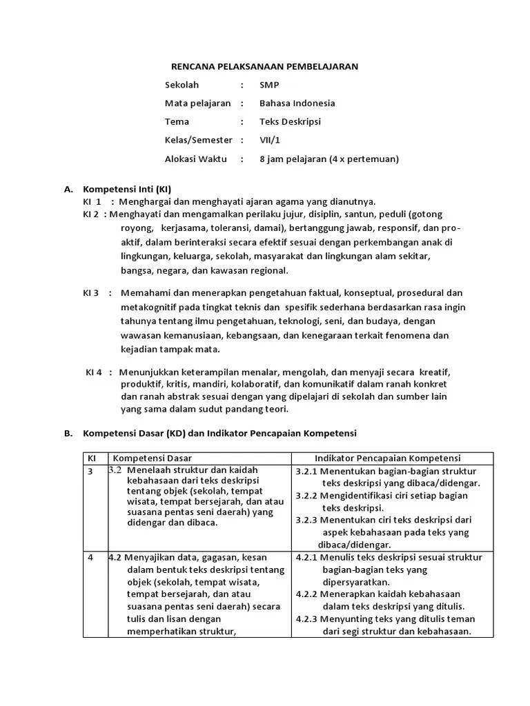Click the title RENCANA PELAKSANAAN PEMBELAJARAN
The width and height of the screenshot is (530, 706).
[264, 66]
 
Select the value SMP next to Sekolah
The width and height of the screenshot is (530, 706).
[269, 85]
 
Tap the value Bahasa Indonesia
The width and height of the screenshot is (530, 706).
[297, 103]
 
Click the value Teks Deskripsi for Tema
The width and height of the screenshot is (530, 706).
[290, 122]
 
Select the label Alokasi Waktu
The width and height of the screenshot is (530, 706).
[195, 159]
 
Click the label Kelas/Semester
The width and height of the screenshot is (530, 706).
[198, 140]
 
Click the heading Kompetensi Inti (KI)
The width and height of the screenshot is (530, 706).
[127, 189]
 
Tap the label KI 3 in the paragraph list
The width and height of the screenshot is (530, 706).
[91, 292]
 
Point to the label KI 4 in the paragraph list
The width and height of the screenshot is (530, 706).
[94, 372]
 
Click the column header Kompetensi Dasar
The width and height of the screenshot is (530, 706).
[153, 458]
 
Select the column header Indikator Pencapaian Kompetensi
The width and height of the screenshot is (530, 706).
[388, 458]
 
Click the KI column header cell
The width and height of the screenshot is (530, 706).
[91, 458]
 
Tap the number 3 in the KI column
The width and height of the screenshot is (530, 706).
[90, 471]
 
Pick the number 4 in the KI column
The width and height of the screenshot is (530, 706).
[90, 557]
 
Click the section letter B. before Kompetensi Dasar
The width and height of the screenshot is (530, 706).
[68, 434]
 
